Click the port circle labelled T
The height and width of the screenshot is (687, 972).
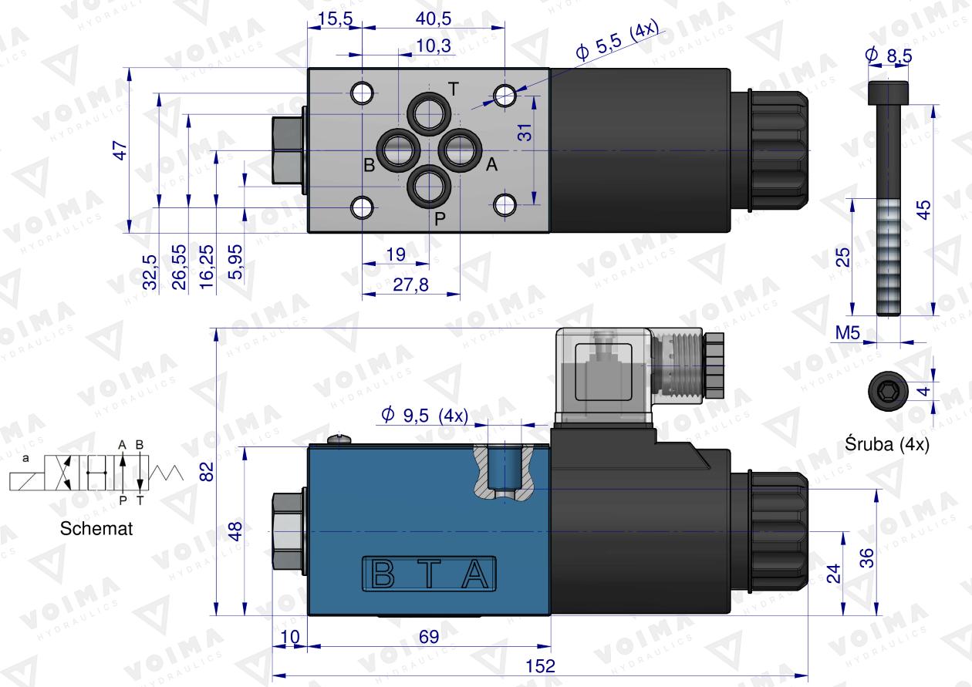point(428,115)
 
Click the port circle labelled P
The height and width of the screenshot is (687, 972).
point(428,186)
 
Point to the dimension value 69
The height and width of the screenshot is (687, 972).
point(429,638)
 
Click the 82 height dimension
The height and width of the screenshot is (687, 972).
point(204,472)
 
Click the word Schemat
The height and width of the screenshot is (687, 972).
point(96,529)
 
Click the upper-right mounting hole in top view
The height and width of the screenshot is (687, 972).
point(505,95)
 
